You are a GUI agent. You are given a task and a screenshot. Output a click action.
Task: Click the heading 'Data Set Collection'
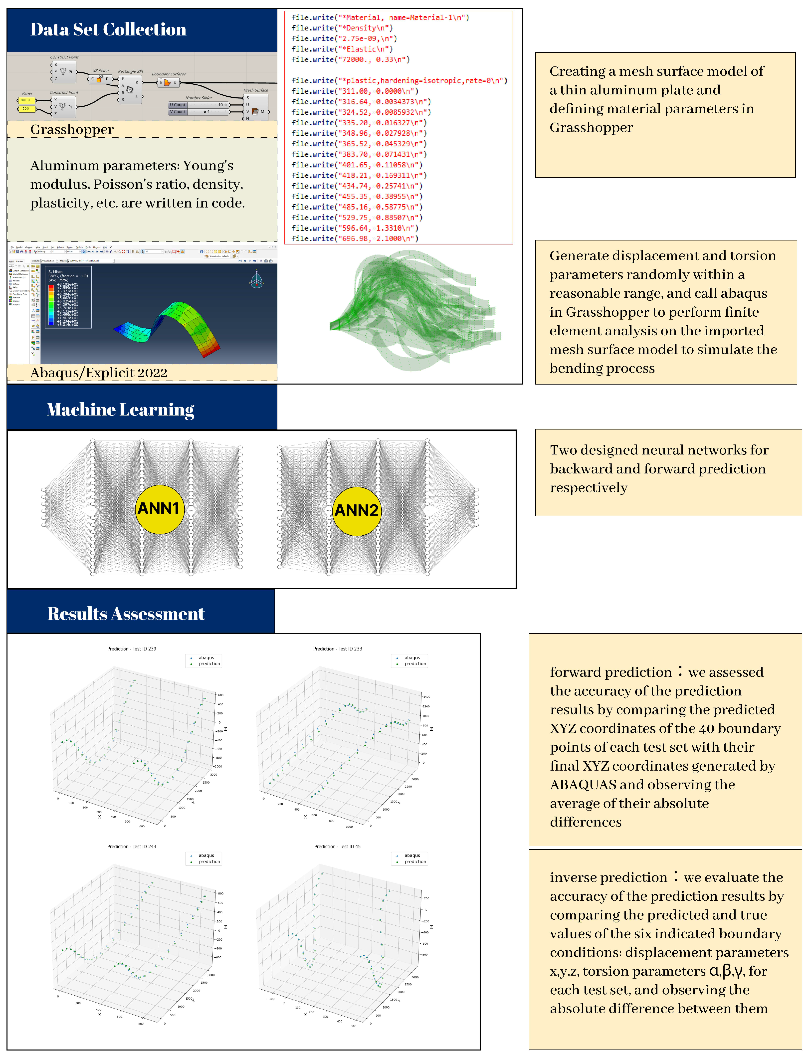[x=108, y=29]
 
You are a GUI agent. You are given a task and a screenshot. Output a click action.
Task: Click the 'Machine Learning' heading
[x=120, y=410]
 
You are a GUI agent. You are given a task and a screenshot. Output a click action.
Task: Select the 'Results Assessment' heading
[x=126, y=614]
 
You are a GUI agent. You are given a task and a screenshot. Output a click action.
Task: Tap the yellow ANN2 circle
[x=356, y=510]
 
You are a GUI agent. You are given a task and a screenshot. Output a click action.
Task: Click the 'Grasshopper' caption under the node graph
[x=72, y=130]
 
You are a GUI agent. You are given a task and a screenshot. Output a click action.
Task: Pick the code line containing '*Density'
[x=342, y=28]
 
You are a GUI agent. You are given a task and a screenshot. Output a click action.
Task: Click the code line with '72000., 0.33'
[x=351, y=59]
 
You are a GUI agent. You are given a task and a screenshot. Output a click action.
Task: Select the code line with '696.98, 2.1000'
[x=355, y=239]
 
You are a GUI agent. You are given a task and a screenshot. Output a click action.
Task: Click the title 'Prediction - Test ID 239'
[x=132, y=649]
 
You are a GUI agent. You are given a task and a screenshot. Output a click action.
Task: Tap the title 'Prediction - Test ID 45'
[x=337, y=847]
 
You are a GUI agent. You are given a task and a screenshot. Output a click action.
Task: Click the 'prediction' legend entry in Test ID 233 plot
[x=415, y=664]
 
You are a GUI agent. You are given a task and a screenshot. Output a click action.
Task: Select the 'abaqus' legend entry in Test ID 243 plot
[x=206, y=855]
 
